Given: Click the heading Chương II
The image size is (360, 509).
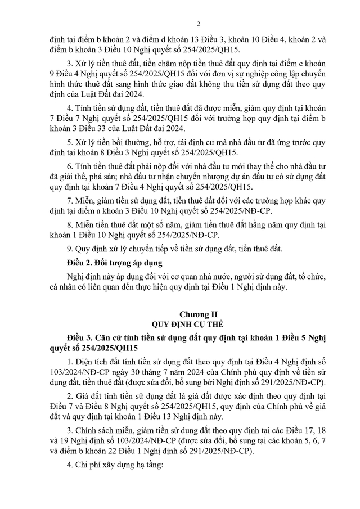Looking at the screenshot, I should coord(183,314).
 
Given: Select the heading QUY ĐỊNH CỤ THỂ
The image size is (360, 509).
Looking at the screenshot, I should coord(183,325).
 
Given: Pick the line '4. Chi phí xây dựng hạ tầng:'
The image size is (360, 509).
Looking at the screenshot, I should coord(115,466).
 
